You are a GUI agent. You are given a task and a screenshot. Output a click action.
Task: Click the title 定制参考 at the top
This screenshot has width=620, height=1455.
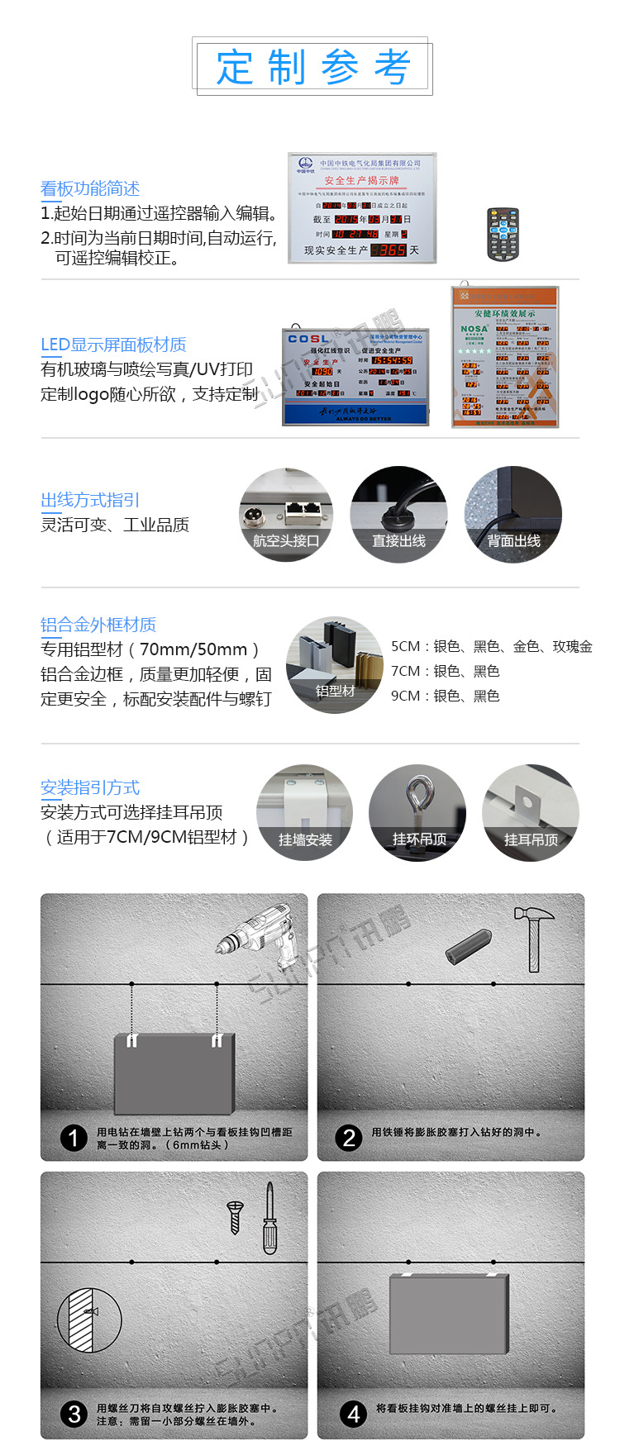[x=312, y=67]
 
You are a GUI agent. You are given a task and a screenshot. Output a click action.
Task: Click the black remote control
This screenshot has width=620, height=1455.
[x=503, y=235]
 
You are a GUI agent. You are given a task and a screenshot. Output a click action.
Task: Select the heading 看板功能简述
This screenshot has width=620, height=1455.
[x=90, y=188]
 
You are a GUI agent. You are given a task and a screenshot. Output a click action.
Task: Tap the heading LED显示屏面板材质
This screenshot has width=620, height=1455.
[x=113, y=345]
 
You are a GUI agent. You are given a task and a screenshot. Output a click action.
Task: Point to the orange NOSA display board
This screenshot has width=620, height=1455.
[x=505, y=357]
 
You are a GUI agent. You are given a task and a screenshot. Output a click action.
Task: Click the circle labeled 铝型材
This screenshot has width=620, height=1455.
[x=335, y=664]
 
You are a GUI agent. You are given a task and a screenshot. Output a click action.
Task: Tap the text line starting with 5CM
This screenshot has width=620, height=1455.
[x=491, y=646]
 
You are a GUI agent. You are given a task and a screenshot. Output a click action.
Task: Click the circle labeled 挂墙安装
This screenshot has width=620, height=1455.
[x=304, y=813]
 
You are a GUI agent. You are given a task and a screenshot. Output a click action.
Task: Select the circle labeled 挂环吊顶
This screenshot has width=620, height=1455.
[x=418, y=813]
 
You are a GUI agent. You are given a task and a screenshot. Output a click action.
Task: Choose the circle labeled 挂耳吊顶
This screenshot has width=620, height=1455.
[x=531, y=813]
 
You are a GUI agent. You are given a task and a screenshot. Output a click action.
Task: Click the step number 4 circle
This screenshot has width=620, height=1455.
[x=353, y=1414]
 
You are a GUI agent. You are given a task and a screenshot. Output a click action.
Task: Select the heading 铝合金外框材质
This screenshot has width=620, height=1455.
[x=98, y=625]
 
